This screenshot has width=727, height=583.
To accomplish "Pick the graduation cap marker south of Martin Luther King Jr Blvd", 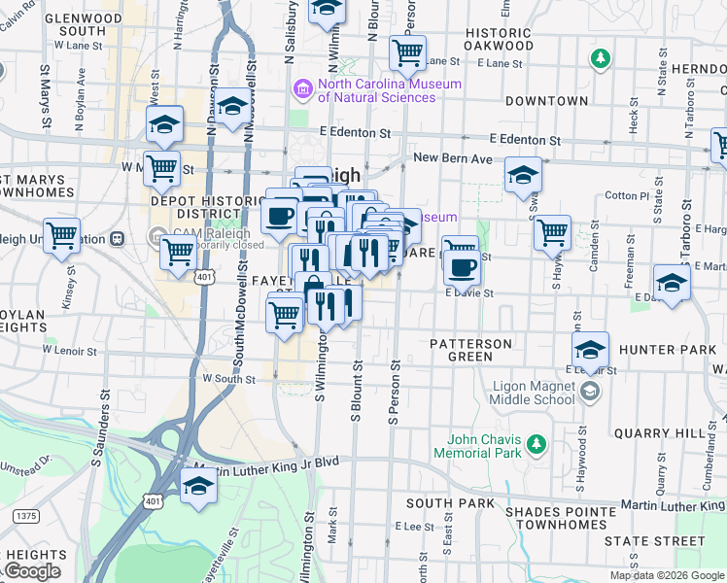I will [x=198, y=485].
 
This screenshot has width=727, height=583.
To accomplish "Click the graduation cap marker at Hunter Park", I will [x=590, y=349].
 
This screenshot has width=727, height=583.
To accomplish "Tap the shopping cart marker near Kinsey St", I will [x=61, y=234].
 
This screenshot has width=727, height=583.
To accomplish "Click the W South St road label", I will [x=226, y=379].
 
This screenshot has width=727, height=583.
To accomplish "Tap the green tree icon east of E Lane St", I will [x=601, y=58].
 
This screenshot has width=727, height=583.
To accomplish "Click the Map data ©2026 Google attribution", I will [x=666, y=575].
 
